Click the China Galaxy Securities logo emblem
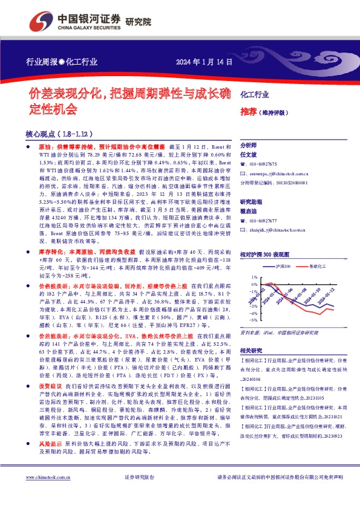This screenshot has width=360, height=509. tap(43, 20)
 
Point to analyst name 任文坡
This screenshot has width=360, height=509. tap(250, 155)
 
